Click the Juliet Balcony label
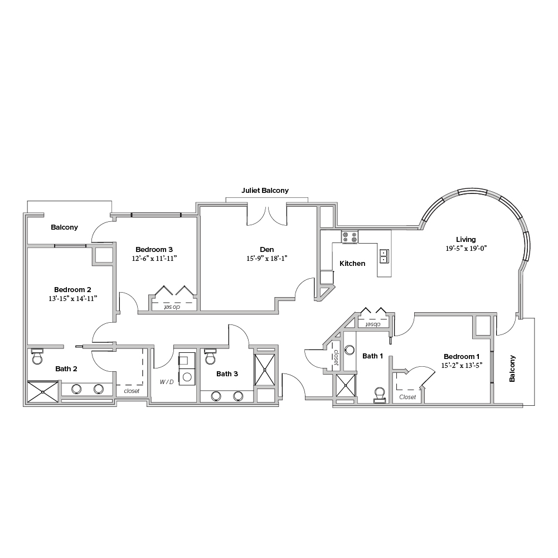coord(265,191)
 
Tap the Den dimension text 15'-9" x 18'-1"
coord(267,259)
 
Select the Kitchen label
coord(352,263)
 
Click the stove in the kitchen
coord(350,237)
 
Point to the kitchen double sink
coord(384,256)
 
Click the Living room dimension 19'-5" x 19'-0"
coord(466,249)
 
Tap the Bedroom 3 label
coord(154,250)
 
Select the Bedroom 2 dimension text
coord(73,299)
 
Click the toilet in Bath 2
coord(37,356)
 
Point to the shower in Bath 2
coord(43,392)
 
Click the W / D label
coord(167,382)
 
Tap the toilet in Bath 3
coord(210,357)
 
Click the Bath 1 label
coord(372,356)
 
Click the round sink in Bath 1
coord(350,350)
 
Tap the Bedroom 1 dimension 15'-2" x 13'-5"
coord(462,366)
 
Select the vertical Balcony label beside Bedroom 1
coord(512,368)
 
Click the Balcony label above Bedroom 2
coord(65,227)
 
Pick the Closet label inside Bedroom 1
coord(407,397)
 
